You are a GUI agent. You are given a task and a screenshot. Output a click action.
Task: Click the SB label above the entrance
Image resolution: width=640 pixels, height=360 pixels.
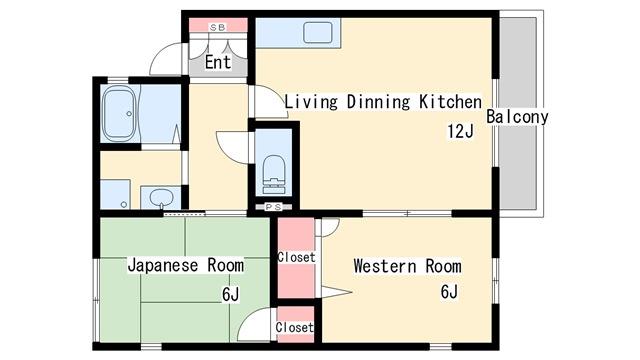pos(217,28)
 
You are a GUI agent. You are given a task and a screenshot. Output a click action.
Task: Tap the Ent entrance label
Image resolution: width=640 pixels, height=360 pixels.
pos(218,62)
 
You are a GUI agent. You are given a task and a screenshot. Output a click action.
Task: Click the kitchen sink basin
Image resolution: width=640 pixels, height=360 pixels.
pos(318,33)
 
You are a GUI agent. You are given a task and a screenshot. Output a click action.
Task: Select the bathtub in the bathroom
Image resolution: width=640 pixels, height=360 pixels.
pos(119,113)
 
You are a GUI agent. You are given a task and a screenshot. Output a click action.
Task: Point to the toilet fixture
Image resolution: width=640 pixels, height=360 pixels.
pos(273,174)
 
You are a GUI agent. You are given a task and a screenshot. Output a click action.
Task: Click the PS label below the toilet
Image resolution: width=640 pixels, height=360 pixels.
pos(273,207)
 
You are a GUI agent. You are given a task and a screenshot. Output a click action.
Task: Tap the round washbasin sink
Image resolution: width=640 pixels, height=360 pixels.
pos(161,198)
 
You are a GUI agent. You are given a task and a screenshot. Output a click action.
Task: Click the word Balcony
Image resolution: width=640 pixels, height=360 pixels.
pos(517,117)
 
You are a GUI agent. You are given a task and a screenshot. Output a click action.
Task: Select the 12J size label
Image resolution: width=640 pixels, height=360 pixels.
pos(460,131)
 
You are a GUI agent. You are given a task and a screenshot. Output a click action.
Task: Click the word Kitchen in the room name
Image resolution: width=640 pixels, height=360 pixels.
pos(451,102)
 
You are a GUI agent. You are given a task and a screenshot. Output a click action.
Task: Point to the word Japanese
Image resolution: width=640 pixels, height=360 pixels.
pos(163,266)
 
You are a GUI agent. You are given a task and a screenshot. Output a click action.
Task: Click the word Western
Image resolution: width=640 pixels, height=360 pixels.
pos(385,266)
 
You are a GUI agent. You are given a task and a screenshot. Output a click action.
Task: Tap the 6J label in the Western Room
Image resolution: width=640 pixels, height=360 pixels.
pos(449,291)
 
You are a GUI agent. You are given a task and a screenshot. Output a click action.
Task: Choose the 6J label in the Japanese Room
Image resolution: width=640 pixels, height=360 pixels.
pos(231,294)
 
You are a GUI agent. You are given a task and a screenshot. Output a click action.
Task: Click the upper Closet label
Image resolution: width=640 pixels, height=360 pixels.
pos(296,257)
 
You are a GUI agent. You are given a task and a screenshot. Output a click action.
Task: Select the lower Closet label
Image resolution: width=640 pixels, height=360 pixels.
pos(294,327)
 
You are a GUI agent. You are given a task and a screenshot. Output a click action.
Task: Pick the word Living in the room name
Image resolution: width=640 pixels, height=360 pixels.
pos(311,102)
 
